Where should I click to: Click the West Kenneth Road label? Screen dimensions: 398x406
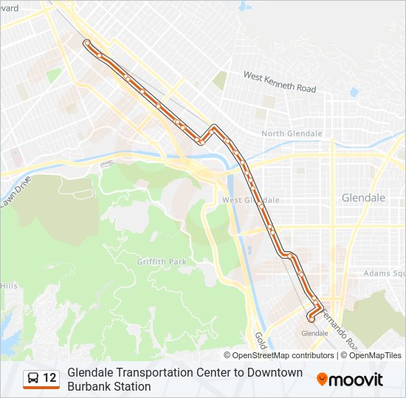[x=280, y=82]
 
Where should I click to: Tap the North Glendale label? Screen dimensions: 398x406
[x=292, y=133]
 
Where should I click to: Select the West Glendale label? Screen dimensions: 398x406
[x=250, y=200]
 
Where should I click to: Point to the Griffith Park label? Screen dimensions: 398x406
[x=162, y=261]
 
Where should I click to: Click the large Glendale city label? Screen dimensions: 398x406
[x=363, y=198]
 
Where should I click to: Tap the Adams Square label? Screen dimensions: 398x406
[x=384, y=273]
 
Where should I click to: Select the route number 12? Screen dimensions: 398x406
[x=49, y=378]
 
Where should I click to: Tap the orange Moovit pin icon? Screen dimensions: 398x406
[x=322, y=380]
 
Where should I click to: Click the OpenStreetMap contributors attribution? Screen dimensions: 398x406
[x=273, y=355]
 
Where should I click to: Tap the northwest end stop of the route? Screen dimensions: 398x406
[x=87, y=43]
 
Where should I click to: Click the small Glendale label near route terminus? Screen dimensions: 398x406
[x=315, y=333]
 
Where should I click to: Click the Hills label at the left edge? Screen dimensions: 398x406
[x=9, y=286]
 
